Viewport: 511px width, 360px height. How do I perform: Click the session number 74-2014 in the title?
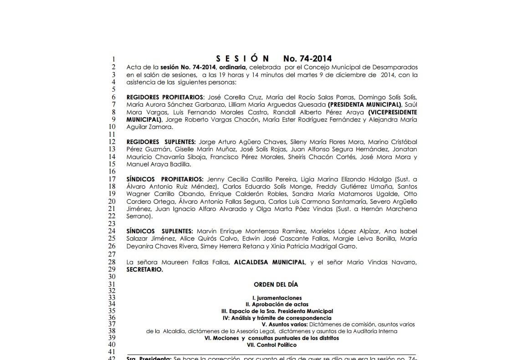307,58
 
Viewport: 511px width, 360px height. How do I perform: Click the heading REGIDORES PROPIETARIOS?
165,97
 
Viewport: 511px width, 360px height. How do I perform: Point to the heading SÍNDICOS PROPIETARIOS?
164,180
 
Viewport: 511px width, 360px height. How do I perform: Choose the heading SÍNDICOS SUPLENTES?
160,231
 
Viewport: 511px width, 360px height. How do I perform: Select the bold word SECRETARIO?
144,269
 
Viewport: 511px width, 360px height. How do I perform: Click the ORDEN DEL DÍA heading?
276,284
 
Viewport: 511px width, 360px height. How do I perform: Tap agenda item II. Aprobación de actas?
276,304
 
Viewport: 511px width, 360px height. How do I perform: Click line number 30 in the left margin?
112,277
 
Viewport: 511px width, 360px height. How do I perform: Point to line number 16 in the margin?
112,172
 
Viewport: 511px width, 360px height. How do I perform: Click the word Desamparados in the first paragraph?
396,67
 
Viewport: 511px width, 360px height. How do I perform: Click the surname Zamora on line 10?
163,127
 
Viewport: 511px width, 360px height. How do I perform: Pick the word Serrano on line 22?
138,217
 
